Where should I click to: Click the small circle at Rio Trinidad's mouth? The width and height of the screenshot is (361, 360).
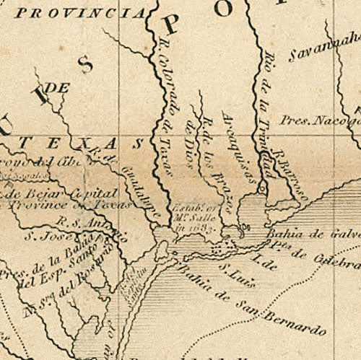pos(263,190)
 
